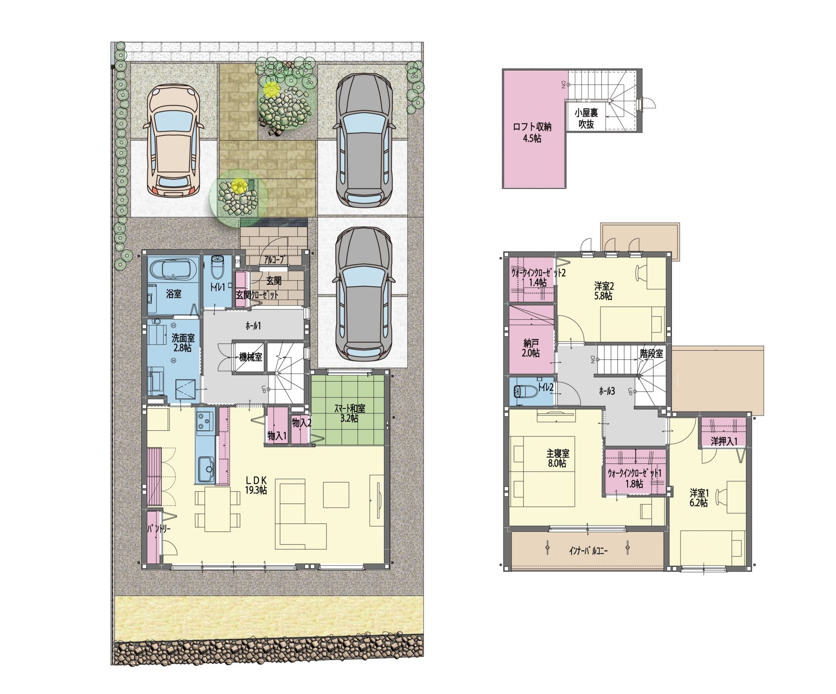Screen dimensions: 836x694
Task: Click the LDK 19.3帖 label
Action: pyautogui.click(x=256, y=485)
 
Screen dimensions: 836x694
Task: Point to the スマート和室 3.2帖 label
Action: pyautogui.click(x=350, y=413)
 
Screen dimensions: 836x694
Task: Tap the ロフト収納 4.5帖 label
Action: pyautogui.click(x=532, y=133)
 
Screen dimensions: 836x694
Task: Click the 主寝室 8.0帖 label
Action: pyautogui.click(x=557, y=458)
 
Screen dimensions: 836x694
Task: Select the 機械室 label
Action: pyautogui.click(x=250, y=357)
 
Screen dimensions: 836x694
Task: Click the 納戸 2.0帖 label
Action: pyautogui.click(x=531, y=348)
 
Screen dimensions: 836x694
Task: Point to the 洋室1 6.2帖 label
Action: pyautogui.click(x=698, y=498)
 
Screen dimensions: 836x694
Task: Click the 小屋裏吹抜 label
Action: pyautogui.click(x=586, y=118)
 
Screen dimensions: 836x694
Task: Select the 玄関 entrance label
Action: pyautogui.click(x=274, y=281)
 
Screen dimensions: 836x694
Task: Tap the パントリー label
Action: pyautogui.click(x=159, y=529)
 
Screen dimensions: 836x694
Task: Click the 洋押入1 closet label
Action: pyautogui.click(x=724, y=442)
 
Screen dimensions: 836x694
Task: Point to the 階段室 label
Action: pyautogui.click(x=652, y=354)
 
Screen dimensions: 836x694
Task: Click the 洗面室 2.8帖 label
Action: pyautogui.click(x=182, y=342)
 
